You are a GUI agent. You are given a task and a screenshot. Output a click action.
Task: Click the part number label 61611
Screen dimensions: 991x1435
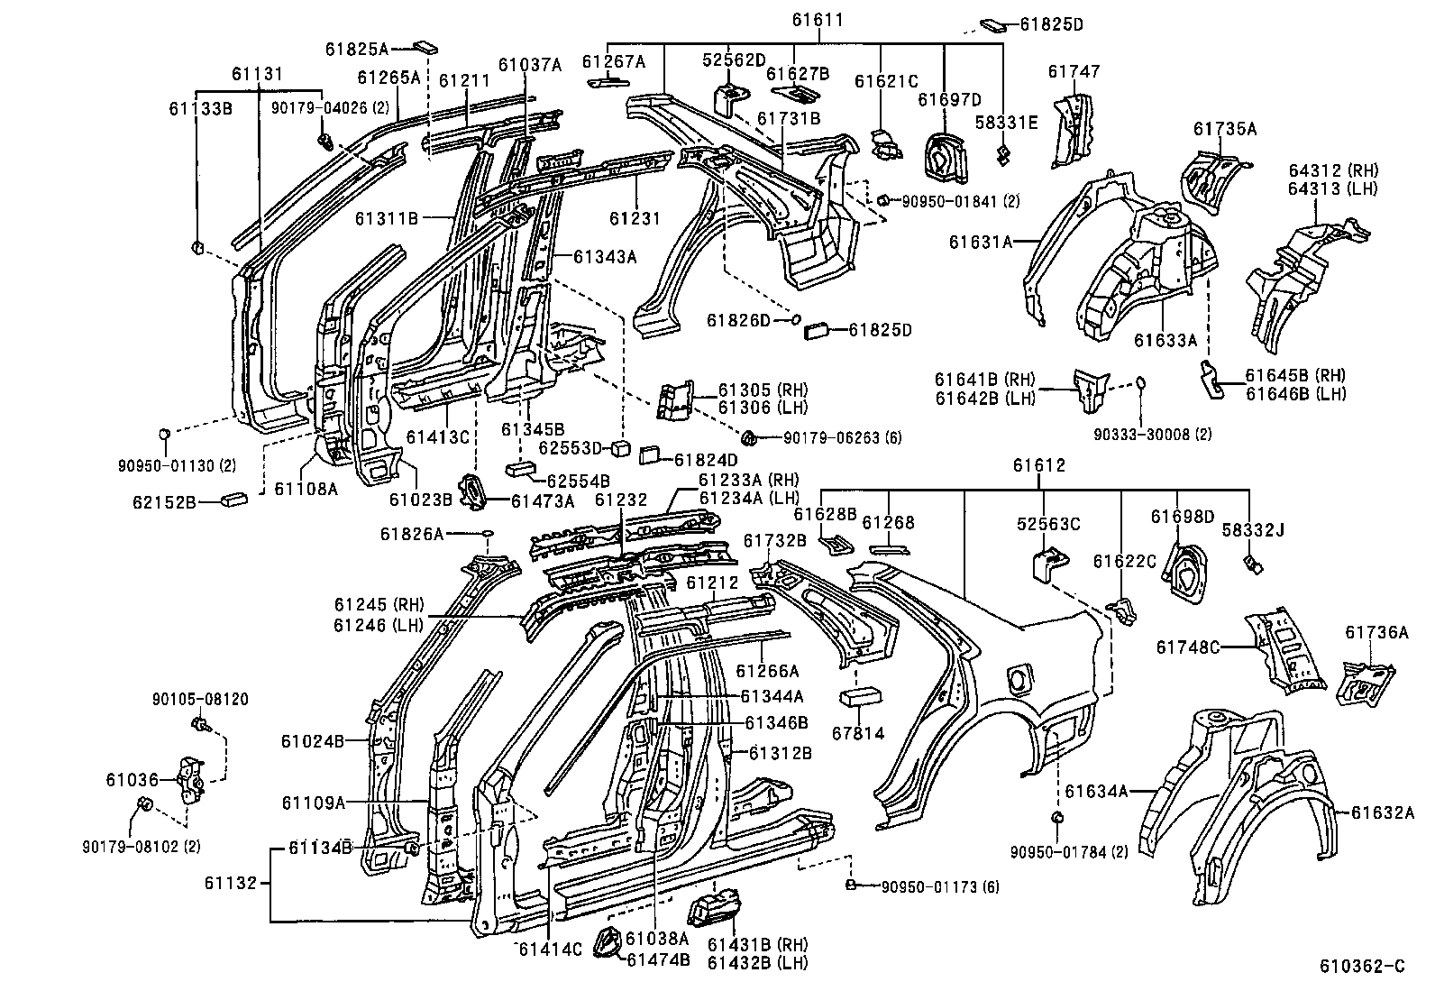819,17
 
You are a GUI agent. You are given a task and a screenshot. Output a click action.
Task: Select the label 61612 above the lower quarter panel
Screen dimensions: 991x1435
1038,466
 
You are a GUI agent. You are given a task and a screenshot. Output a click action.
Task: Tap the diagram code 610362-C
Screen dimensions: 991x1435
1362,967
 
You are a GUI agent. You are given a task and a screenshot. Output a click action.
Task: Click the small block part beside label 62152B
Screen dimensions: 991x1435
237,498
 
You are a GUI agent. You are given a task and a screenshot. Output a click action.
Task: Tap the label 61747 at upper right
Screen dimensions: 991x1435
1074,71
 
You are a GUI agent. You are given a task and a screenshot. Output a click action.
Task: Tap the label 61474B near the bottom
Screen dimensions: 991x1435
658,959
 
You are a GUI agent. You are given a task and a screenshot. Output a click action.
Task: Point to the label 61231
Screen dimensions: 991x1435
635,218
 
